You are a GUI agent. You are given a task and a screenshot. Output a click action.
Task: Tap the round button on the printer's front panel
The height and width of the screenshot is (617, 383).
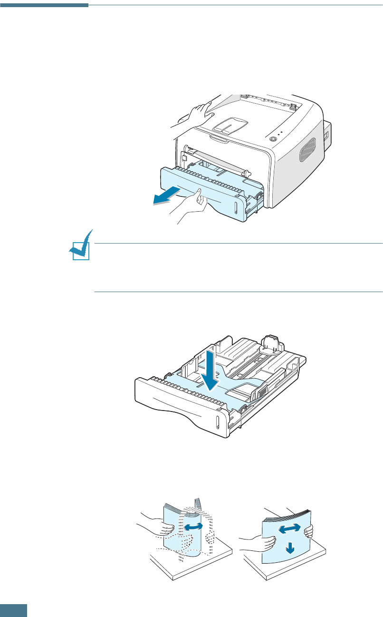coord(272,139)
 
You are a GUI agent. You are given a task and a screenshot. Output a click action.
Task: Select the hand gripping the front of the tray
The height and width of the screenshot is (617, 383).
coord(192,205)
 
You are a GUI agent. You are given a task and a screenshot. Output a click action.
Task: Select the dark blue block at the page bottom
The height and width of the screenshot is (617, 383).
coord(13,610)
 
